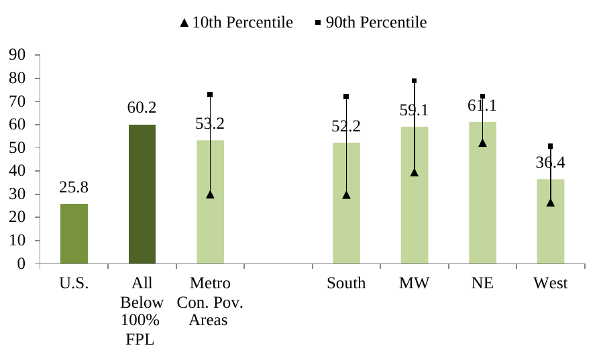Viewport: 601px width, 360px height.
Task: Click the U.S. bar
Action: [74, 233]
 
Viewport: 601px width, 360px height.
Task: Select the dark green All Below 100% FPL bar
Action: [142, 194]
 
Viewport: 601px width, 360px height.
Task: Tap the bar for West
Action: [550, 221]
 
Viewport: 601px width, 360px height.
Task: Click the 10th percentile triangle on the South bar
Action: [346, 195]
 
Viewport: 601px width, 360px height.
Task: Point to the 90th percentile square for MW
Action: [415, 81]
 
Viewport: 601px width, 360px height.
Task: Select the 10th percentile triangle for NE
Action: [482, 143]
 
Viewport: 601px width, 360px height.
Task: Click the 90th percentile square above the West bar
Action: [550, 146]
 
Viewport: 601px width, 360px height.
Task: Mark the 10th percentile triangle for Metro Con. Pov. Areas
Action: [210, 194]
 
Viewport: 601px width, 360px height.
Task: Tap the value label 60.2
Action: [142, 107]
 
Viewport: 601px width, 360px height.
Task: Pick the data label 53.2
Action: [210, 123]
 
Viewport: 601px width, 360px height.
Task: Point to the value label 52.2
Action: [346, 126]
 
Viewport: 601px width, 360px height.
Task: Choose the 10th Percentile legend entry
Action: [236, 23]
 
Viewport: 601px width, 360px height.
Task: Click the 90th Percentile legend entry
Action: [370, 23]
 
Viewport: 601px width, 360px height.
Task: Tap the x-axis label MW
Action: [415, 284]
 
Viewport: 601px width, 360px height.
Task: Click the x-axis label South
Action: [346, 284]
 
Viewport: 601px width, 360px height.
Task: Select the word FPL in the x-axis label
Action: [141, 339]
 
